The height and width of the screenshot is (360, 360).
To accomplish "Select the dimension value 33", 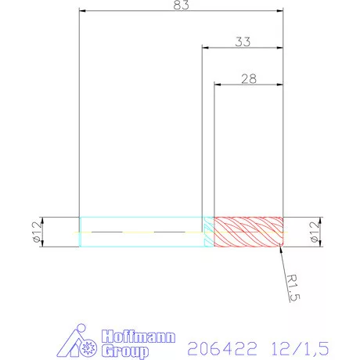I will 243,42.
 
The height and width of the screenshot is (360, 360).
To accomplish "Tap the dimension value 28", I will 249,79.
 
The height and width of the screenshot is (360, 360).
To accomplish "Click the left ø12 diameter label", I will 35,232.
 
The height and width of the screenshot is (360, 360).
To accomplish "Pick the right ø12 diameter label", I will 314,232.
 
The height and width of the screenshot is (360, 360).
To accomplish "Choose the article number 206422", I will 215,343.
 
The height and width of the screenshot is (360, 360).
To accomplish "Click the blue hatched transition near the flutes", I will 208,232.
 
